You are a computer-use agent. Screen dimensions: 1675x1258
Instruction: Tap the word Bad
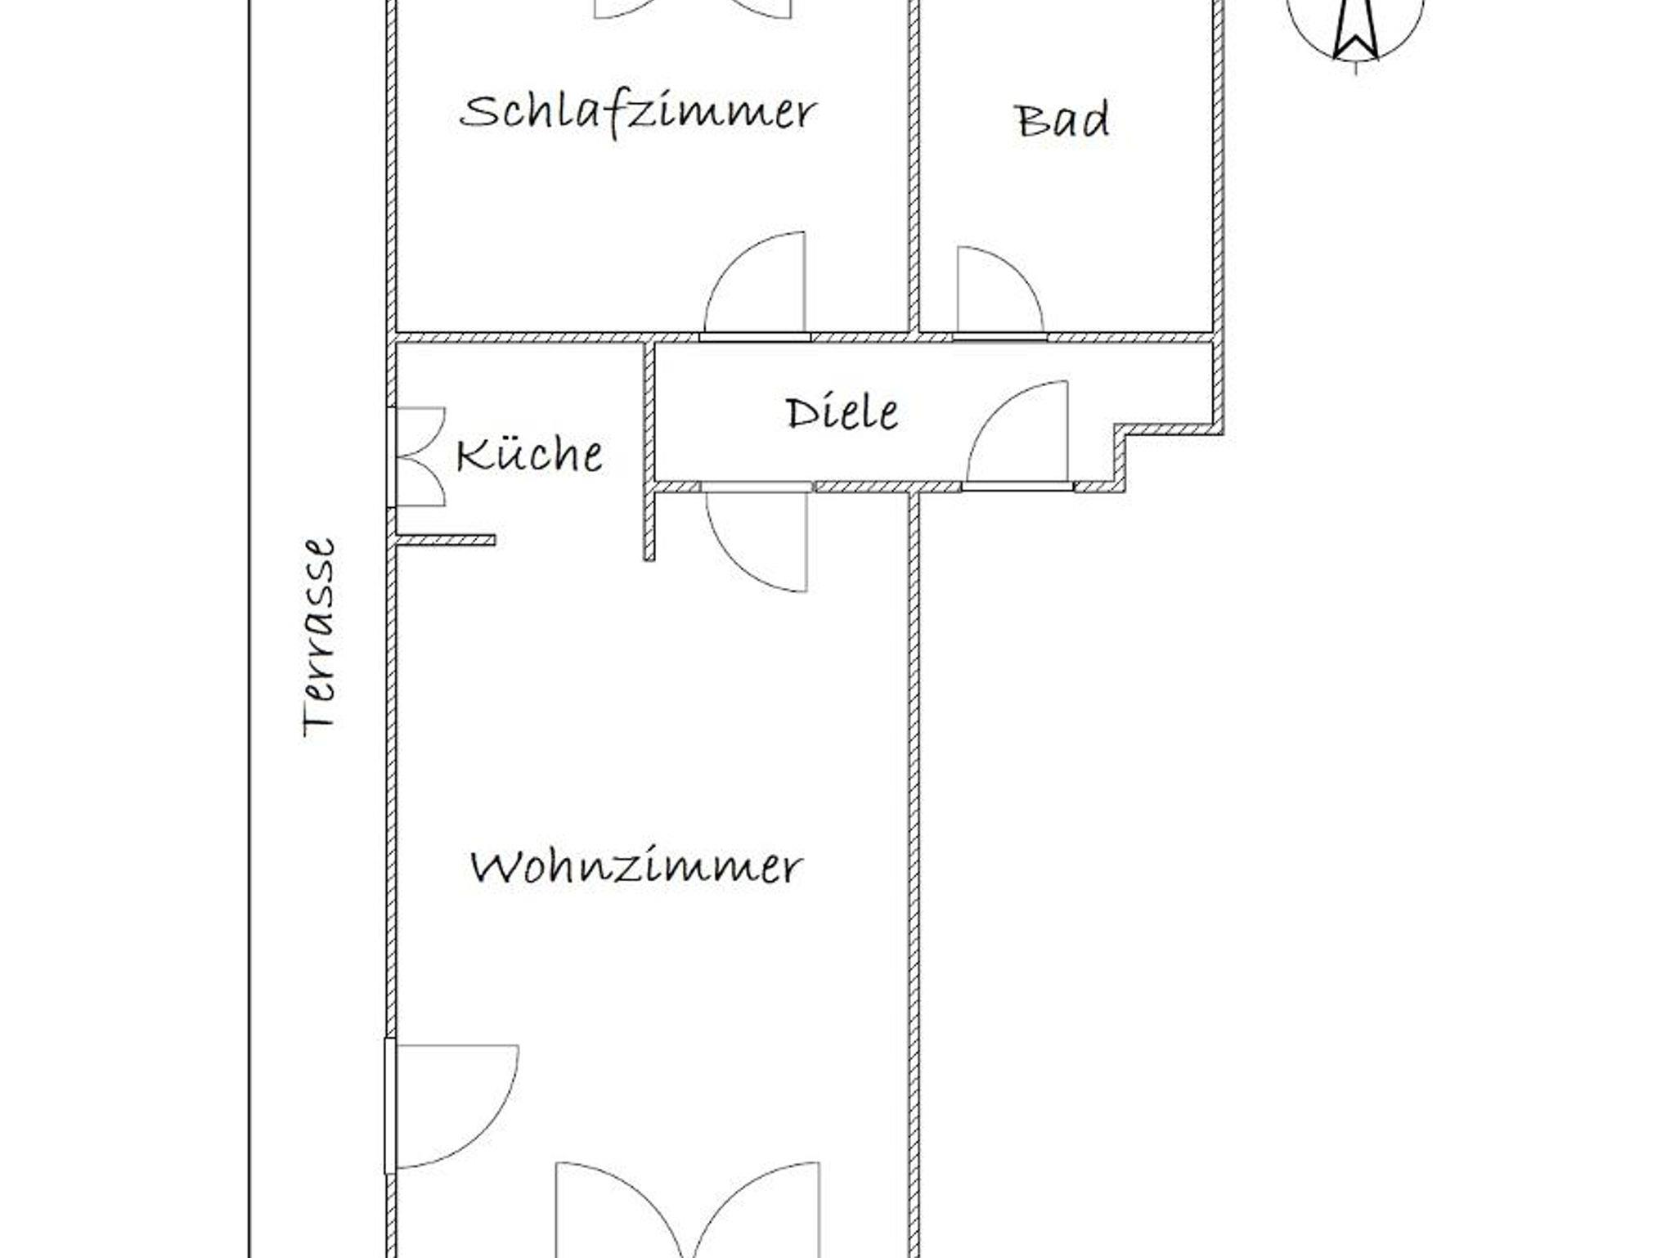pos(1062,120)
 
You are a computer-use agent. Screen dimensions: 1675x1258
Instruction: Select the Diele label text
pos(842,412)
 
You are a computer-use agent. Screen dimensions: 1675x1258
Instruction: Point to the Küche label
pos(530,454)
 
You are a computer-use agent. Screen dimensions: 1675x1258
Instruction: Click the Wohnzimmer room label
pos(636,866)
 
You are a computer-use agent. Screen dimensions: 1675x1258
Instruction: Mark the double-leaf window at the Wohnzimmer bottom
pos(687,1210)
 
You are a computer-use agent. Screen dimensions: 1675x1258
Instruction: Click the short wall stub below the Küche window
pos(445,540)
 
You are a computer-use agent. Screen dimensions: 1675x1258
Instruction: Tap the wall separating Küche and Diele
pos(649,451)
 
